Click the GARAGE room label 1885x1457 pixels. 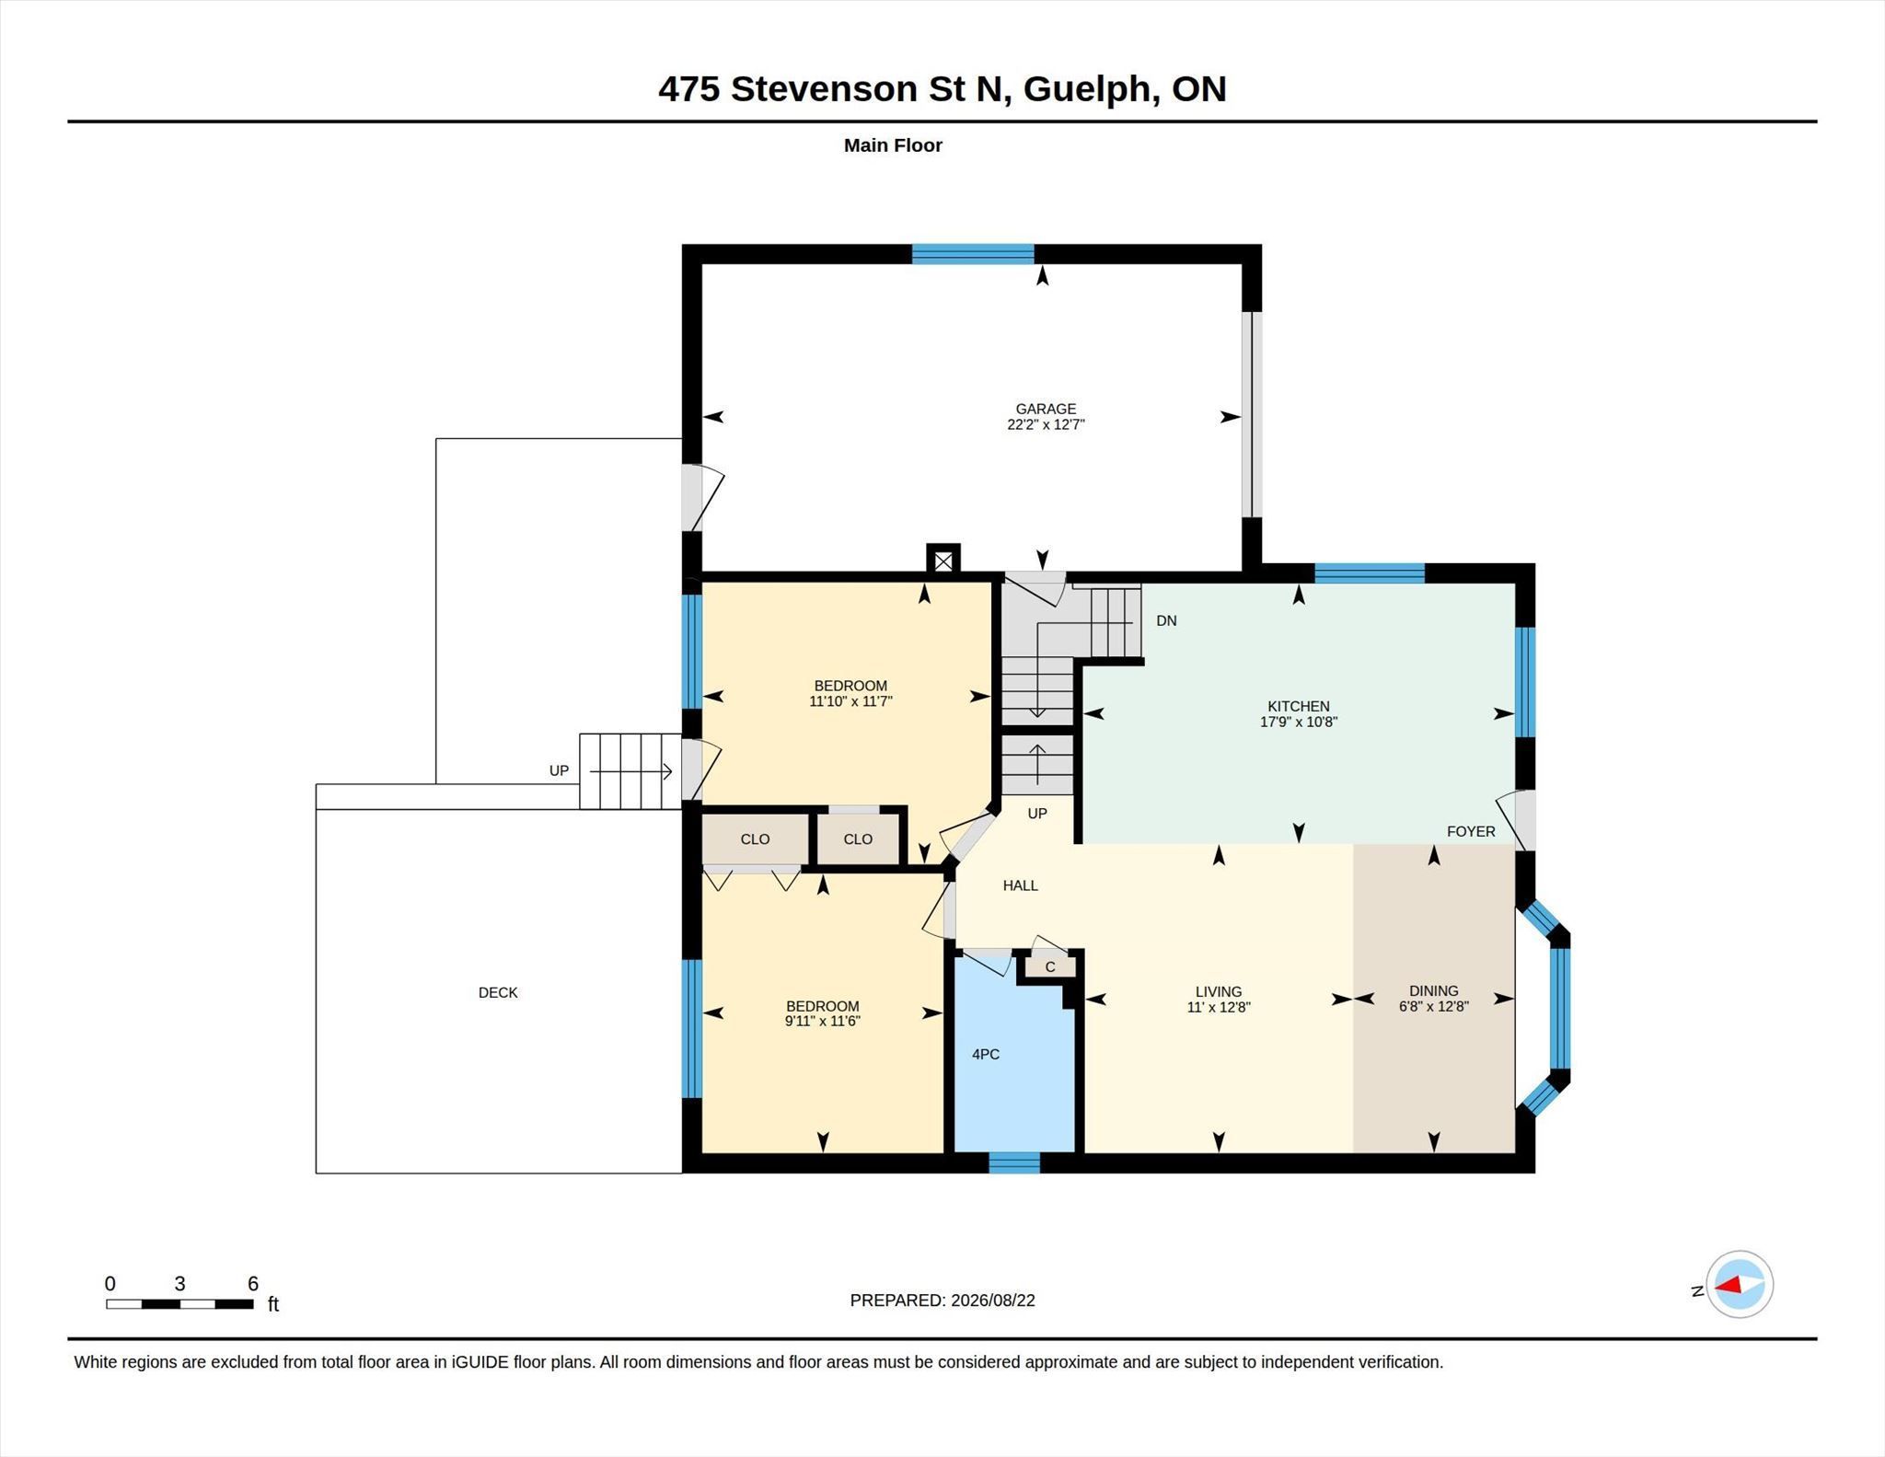pyautogui.click(x=1046, y=409)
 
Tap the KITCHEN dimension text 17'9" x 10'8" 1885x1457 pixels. pyautogui.click(x=1298, y=723)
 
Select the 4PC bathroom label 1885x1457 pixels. pyautogui.click(x=986, y=1054)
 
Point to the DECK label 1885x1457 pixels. pyautogui.click(x=498, y=992)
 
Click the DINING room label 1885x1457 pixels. pyautogui.click(x=1433, y=991)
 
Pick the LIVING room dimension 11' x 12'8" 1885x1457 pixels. pyautogui.click(x=1219, y=1007)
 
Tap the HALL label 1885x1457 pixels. pyautogui.click(x=1020, y=885)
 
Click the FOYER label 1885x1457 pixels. pyautogui.click(x=1471, y=831)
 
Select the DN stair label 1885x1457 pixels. pyautogui.click(x=1166, y=620)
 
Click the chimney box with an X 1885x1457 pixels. pyautogui.click(x=942, y=561)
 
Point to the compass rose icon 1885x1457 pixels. pyautogui.click(x=1739, y=1284)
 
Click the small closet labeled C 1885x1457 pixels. pyautogui.click(x=1050, y=966)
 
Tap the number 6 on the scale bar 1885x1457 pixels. pyautogui.click(x=253, y=1283)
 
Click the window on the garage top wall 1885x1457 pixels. pyautogui.click(x=973, y=254)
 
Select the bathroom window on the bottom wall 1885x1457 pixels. pyautogui.click(x=1014, y=1163)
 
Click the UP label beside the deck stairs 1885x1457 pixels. pyautogui.click(x=559, y=770)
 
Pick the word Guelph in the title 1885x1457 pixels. pyautogui.click(x=1092, y=89)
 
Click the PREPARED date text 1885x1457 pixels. pyautogui.click(x=942, y=1301)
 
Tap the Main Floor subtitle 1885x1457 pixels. pyautogui.click(x=893, y=145)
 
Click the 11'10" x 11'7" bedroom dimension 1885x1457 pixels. pyautogui.click(x=850, y=701)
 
